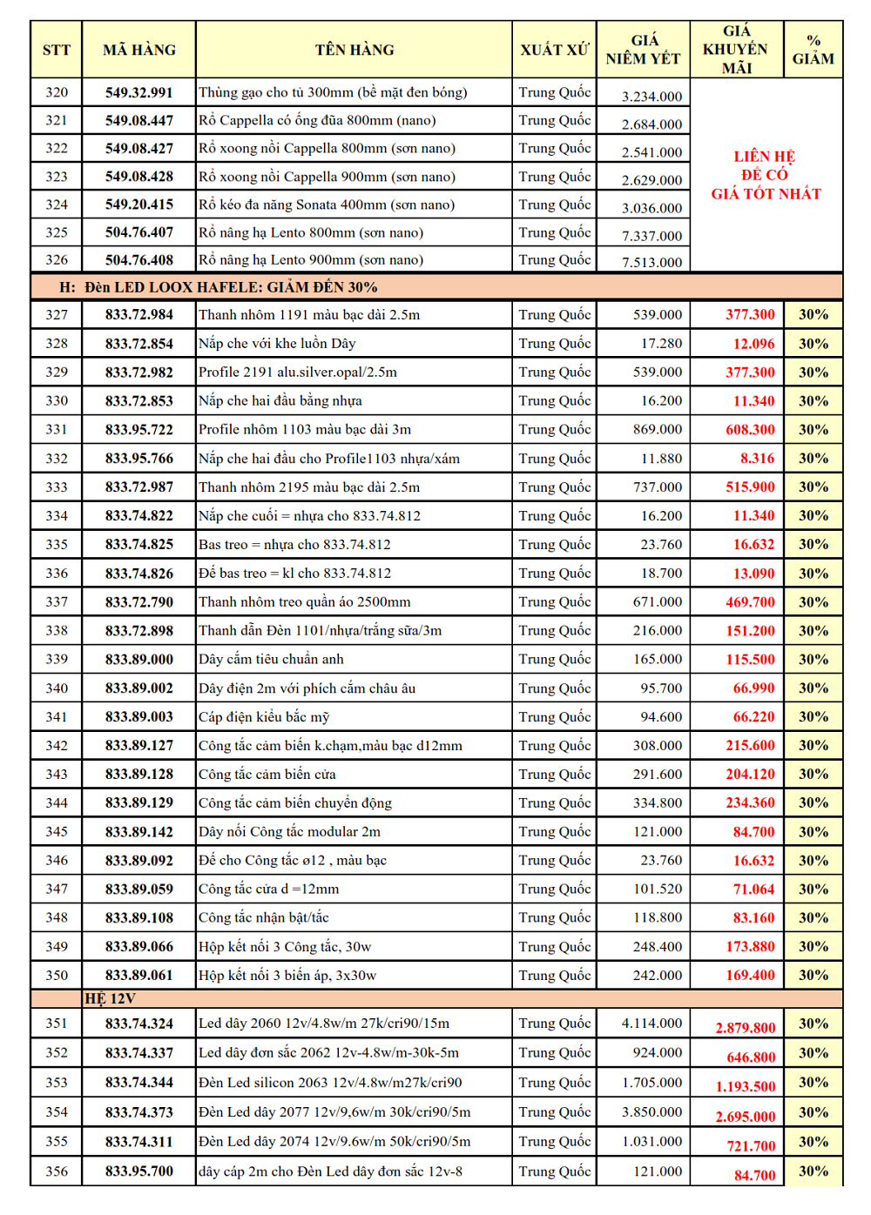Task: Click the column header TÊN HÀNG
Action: point(354,50)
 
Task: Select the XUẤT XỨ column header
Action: point(554,50)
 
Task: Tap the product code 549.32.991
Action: point(139,92)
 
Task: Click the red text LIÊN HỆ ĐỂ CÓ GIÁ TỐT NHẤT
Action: point(766,175)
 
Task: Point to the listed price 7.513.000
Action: point(652,262)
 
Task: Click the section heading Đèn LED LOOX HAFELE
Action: point(218,287)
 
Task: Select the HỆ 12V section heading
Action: point(110,998)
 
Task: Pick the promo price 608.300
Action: point(750,430)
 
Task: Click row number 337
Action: point(57,602)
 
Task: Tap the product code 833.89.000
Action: point(139,660)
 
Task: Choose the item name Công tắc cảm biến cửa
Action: point(267,775)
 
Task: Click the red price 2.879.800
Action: point(745,1028)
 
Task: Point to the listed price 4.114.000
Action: point(652,1024)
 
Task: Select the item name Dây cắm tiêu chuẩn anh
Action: point(271,660)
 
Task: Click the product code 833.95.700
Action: point(139,1171)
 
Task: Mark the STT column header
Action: point(57,50)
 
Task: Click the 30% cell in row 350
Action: point(814,976)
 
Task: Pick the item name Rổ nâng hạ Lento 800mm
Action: point(311,233)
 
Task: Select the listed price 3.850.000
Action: point(652,1112)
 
